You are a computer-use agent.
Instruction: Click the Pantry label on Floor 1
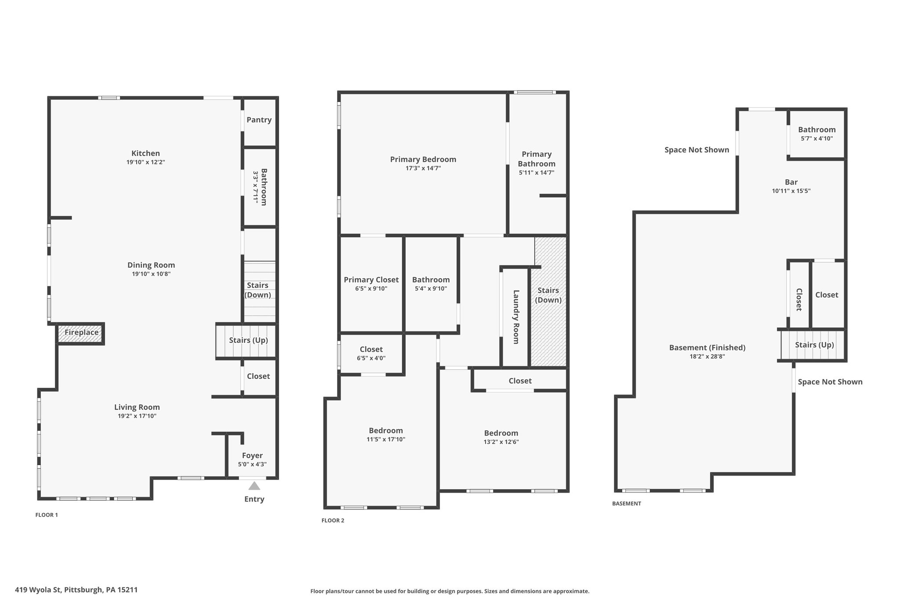259,120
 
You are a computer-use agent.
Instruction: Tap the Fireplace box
81,334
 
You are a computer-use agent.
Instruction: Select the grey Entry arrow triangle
254,486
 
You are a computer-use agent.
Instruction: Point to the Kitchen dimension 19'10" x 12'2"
145,162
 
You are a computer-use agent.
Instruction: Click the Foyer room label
252,456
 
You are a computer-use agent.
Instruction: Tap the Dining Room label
151,265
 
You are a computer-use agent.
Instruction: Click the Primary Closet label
371,280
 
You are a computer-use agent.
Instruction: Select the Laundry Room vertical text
516,317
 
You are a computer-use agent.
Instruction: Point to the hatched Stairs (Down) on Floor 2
548,302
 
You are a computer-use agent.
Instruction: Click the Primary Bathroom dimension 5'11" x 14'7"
537,173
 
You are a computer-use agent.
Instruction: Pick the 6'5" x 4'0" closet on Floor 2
371,353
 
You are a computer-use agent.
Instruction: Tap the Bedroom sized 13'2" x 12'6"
501,437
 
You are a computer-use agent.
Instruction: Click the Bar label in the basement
791,182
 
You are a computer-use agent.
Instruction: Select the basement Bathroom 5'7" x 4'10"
817,134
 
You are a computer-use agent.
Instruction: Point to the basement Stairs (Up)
814,345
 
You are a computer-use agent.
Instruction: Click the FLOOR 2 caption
333,520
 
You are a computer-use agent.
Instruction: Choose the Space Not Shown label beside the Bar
697,150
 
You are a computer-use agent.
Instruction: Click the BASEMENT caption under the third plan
627,504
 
